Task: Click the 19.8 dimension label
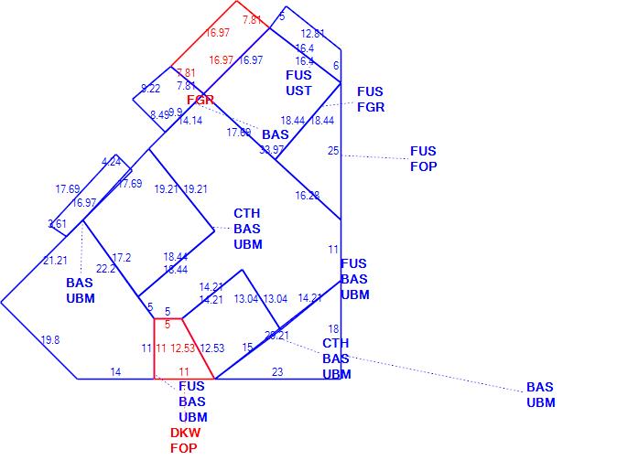pos(50,340)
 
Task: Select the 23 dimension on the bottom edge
pos(277,371)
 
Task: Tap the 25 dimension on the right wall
pos(333,151)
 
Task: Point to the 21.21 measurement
pos(55,261)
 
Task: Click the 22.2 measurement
pos(106,269)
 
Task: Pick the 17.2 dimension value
pos(122,258)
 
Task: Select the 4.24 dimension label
pos(112,162)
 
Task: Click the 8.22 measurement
pos(150,89)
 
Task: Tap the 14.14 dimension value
pos(190,121)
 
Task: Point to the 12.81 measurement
pos(313,34)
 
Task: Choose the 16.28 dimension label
pos(307,196)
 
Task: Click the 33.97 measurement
pos(271,150)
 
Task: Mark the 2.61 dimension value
pos(57,224)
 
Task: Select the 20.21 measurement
pos(276,336)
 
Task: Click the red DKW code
pos(185,433)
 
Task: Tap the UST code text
pos(298,91)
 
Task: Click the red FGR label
pos(200,100)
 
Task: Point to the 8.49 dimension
pos(159,115)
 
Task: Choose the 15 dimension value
pos(247,348)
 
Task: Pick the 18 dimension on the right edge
pos(333,329)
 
